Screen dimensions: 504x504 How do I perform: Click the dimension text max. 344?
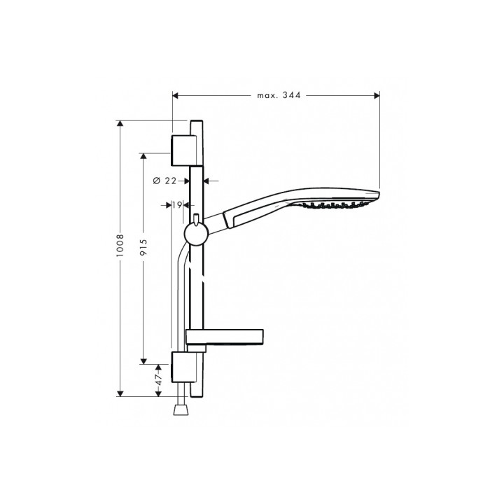[276, 96]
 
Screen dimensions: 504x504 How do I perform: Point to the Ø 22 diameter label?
[164, 180]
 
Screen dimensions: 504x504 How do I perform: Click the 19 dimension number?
[176, 205]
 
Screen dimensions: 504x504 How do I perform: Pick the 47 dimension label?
[159, 379]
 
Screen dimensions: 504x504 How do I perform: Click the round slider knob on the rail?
[196, 234]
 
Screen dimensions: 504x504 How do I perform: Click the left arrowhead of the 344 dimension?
[176, 96]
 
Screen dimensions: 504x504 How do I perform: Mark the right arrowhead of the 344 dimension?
[376, 96]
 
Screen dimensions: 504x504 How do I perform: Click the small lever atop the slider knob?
[198, 218]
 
